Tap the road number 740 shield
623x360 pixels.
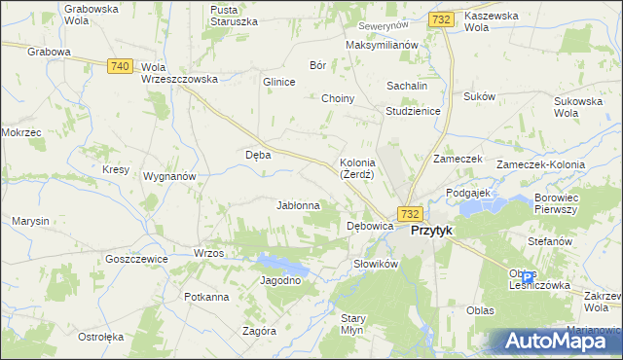pos(121,65)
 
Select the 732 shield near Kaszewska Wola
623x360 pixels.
pos(441,19)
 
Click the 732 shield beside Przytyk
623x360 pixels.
pos(410,214)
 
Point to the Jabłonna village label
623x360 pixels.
pos(299,205)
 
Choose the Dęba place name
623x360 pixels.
pos(258,154)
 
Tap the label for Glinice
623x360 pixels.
pos(278,83)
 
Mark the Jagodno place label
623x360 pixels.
pos(280,280)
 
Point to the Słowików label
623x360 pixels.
pos(376,264)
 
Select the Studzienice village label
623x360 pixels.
pos(414,111)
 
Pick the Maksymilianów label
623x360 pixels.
pos(382,45)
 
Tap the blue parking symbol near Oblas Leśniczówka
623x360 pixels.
pos(528,277)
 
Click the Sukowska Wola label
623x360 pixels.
pos(579,107)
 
